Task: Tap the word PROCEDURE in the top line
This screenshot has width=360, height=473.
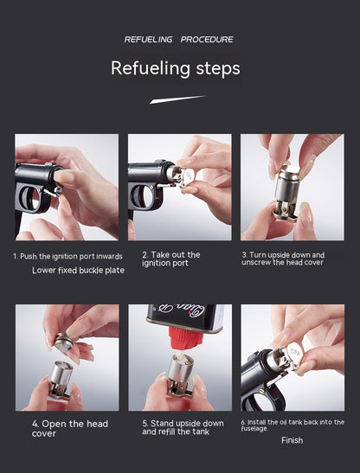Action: (x=207, y=40)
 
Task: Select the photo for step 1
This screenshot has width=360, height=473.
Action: (x=67, y=187)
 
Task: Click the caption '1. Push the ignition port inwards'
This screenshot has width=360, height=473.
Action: (x=67, y=256)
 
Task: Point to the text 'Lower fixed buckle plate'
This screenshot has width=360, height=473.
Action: (x=78, y=270)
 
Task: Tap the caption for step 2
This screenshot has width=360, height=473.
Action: (x=170, y=259)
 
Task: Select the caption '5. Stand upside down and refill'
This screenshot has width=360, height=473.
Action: (x=183, y=427)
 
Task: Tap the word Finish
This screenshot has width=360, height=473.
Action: (x=292, y=440)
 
